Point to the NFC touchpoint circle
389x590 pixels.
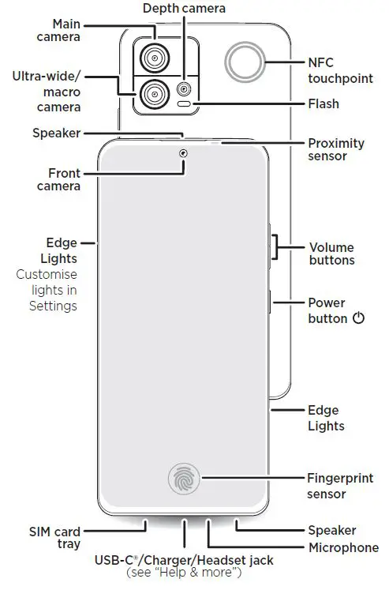[x=245, y=62]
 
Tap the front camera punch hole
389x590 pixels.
[x=183, y=152]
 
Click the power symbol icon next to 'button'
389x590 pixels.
[x=359, y=318]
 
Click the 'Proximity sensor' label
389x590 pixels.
[x=335, y=149]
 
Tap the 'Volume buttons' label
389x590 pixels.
[x=332, y=254]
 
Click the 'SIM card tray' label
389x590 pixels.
[x=54, y=537]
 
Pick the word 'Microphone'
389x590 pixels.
[x=344, y=548]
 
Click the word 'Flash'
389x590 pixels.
[x=324, y=103]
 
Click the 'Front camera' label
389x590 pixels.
[x=59, y=179]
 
